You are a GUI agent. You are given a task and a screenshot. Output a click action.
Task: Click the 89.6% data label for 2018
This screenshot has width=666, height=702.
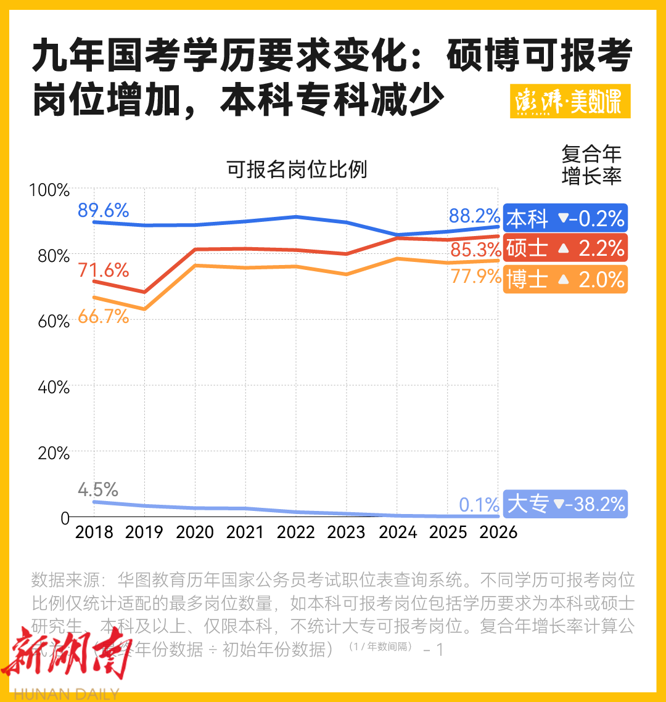103,211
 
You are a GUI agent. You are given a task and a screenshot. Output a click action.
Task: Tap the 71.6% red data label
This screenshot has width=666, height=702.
103,270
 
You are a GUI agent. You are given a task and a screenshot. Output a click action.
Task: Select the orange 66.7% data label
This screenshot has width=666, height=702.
103,317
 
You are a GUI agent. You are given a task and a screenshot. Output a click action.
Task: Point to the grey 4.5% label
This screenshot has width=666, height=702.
97,490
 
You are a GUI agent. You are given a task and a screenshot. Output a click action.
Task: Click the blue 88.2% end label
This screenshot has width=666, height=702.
474,216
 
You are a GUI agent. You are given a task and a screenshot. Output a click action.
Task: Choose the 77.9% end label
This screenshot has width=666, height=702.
475,277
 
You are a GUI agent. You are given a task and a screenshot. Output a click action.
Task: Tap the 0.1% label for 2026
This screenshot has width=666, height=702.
479,505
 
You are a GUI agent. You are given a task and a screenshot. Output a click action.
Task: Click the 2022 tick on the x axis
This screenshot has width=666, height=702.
296,532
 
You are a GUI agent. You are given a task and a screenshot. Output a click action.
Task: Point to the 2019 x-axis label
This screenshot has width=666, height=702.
144,532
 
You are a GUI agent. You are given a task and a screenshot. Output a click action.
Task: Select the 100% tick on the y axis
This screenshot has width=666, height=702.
49,190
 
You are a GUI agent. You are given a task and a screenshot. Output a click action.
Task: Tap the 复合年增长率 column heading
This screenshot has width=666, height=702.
591,165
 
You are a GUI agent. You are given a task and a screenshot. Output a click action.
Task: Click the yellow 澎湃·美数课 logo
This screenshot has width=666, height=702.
570,101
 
